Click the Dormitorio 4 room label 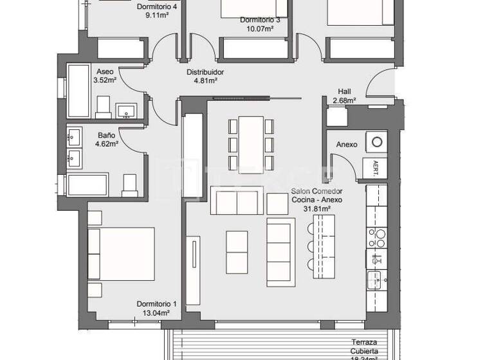(x=158, y=7)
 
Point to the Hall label (x=345, y=91)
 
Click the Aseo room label (x=105, y=71)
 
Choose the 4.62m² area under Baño (x=106, y=145)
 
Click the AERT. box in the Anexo (x=375, y=168)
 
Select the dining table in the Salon (x=251, y=143)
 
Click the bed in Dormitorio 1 (x=122, y=253)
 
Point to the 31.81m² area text (x=316, y=209)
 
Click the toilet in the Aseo (x=104, y=107)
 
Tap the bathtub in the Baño (x=88, y=184)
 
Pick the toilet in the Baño (x=130, y=184)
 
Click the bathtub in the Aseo (x=77, y=91)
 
